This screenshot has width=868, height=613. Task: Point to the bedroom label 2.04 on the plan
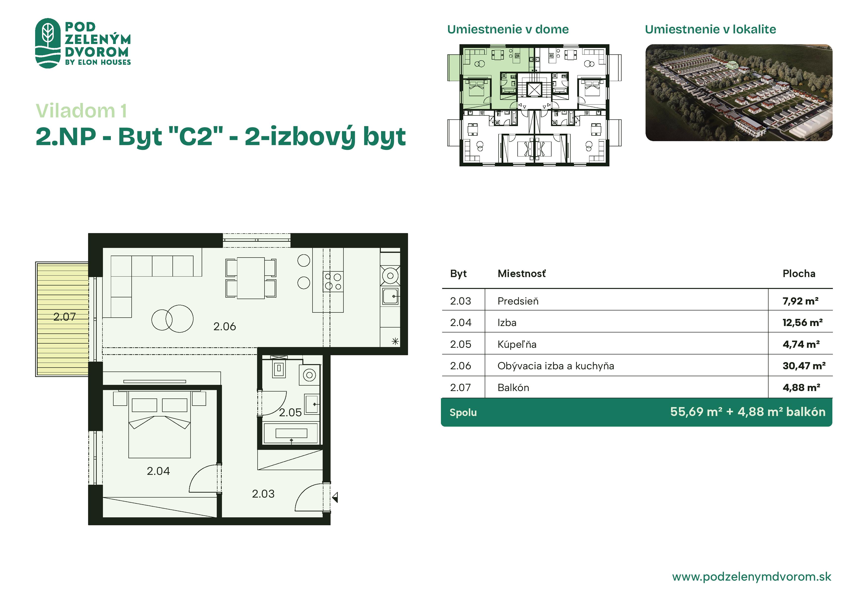[158, 471]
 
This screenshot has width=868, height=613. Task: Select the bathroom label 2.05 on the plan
[290, 413]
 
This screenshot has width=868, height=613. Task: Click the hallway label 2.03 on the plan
[263, 494]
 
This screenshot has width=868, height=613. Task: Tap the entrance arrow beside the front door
[335, 497]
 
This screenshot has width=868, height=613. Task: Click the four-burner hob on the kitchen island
[333, 281]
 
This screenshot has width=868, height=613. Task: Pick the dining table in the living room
[251, 278]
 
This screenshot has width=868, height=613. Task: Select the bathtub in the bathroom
[291, 433]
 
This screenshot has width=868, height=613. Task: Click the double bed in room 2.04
[160, 425]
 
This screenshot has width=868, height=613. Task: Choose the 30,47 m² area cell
[804, 366]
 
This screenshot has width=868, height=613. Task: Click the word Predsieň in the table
[518, 301]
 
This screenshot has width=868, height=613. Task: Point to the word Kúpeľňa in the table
[517, 344]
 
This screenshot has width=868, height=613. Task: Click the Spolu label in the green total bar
[463, 413]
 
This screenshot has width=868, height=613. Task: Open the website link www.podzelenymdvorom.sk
[751, 577]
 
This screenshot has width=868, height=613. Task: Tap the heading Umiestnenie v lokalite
[710, 29]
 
